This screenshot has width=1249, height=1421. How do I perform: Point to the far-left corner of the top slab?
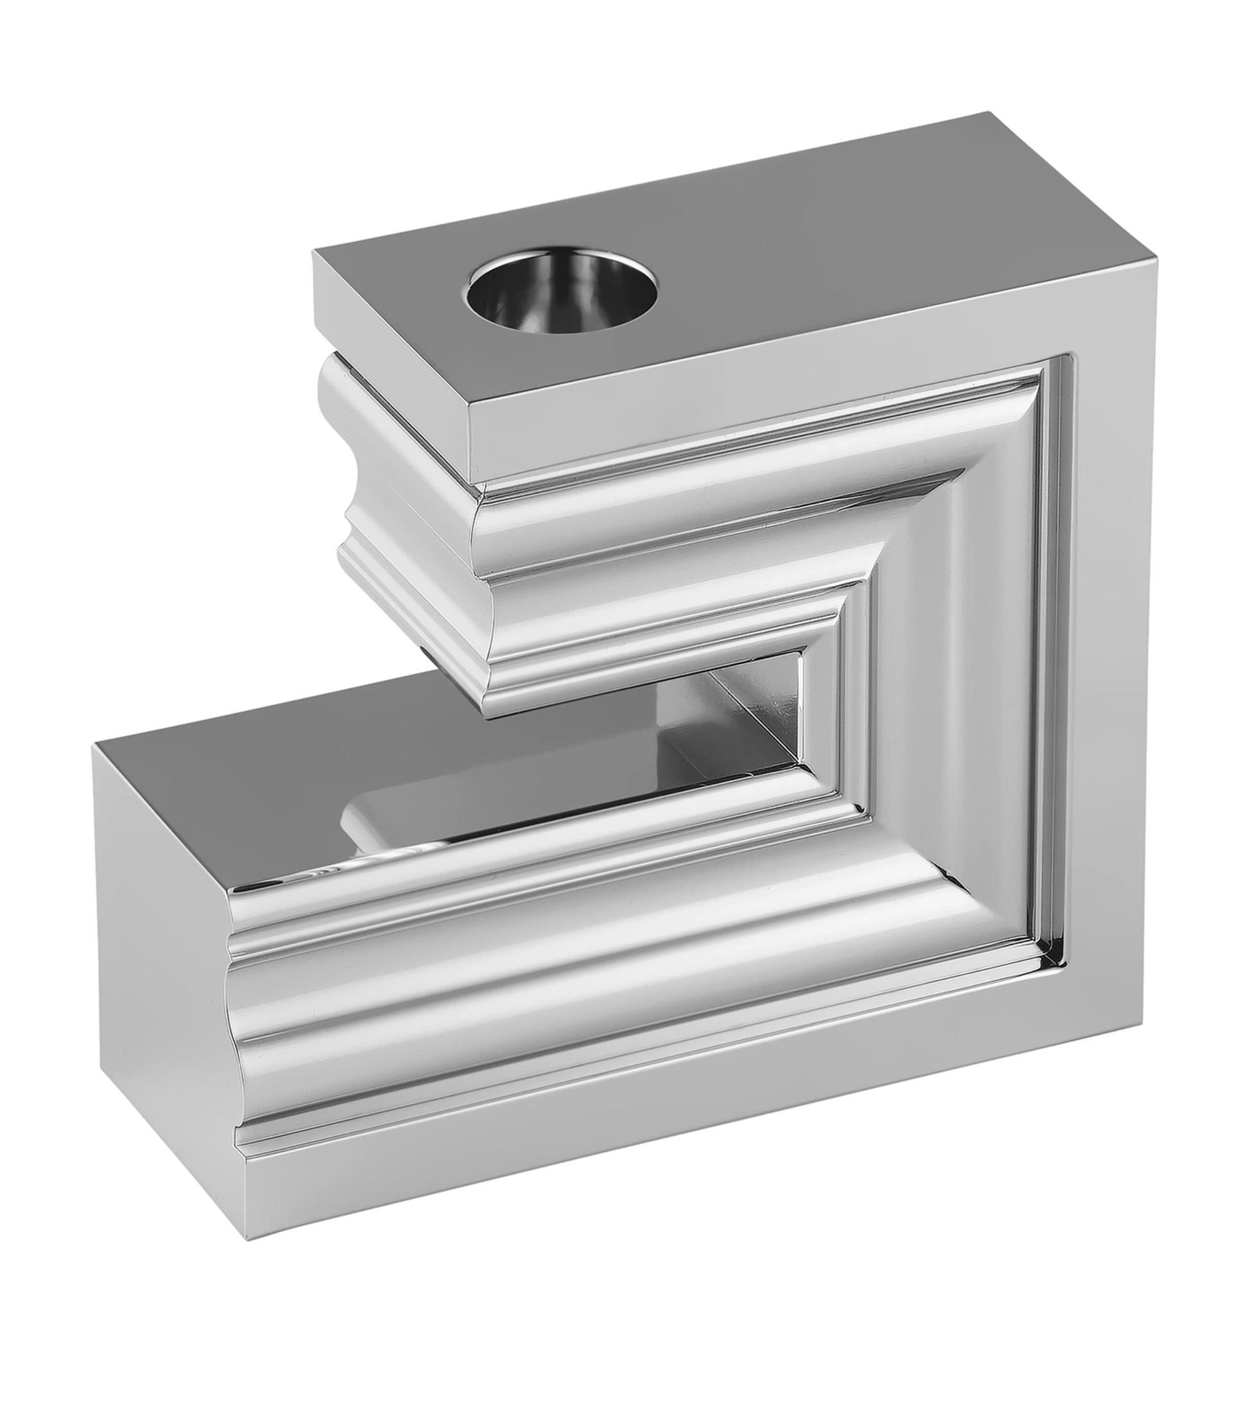point(314,251)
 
